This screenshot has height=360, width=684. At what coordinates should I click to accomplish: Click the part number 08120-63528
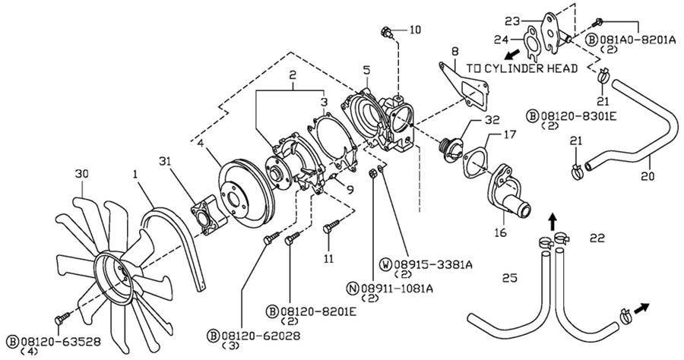coord(61,341)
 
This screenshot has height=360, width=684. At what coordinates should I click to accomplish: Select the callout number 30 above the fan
coord(81,173)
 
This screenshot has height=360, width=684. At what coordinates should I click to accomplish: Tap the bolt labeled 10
coord(387,31)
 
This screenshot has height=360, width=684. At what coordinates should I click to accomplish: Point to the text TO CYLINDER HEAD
coord(521,68)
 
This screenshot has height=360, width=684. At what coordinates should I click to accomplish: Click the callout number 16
coord(500,232)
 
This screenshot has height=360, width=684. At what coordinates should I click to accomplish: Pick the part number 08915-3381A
coord(432,264)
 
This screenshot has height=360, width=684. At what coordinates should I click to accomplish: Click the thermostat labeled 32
coord(451,150)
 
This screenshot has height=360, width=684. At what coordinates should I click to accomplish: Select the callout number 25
coord(509,278)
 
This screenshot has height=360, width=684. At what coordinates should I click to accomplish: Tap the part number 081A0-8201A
coord(637,39)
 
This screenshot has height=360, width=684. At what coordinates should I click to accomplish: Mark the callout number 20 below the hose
coord(648,176)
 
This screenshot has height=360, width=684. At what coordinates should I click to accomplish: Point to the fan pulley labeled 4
coord(246,194)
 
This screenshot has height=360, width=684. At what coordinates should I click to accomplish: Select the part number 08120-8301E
coord(578,116)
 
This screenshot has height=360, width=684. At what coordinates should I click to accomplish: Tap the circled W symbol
coord(386,264)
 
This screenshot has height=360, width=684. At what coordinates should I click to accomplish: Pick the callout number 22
coord(597,238)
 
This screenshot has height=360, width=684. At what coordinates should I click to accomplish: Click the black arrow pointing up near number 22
coord(553,222)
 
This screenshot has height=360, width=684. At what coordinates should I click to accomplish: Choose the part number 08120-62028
coord(261,336)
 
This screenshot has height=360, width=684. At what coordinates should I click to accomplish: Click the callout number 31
coord(165,161)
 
